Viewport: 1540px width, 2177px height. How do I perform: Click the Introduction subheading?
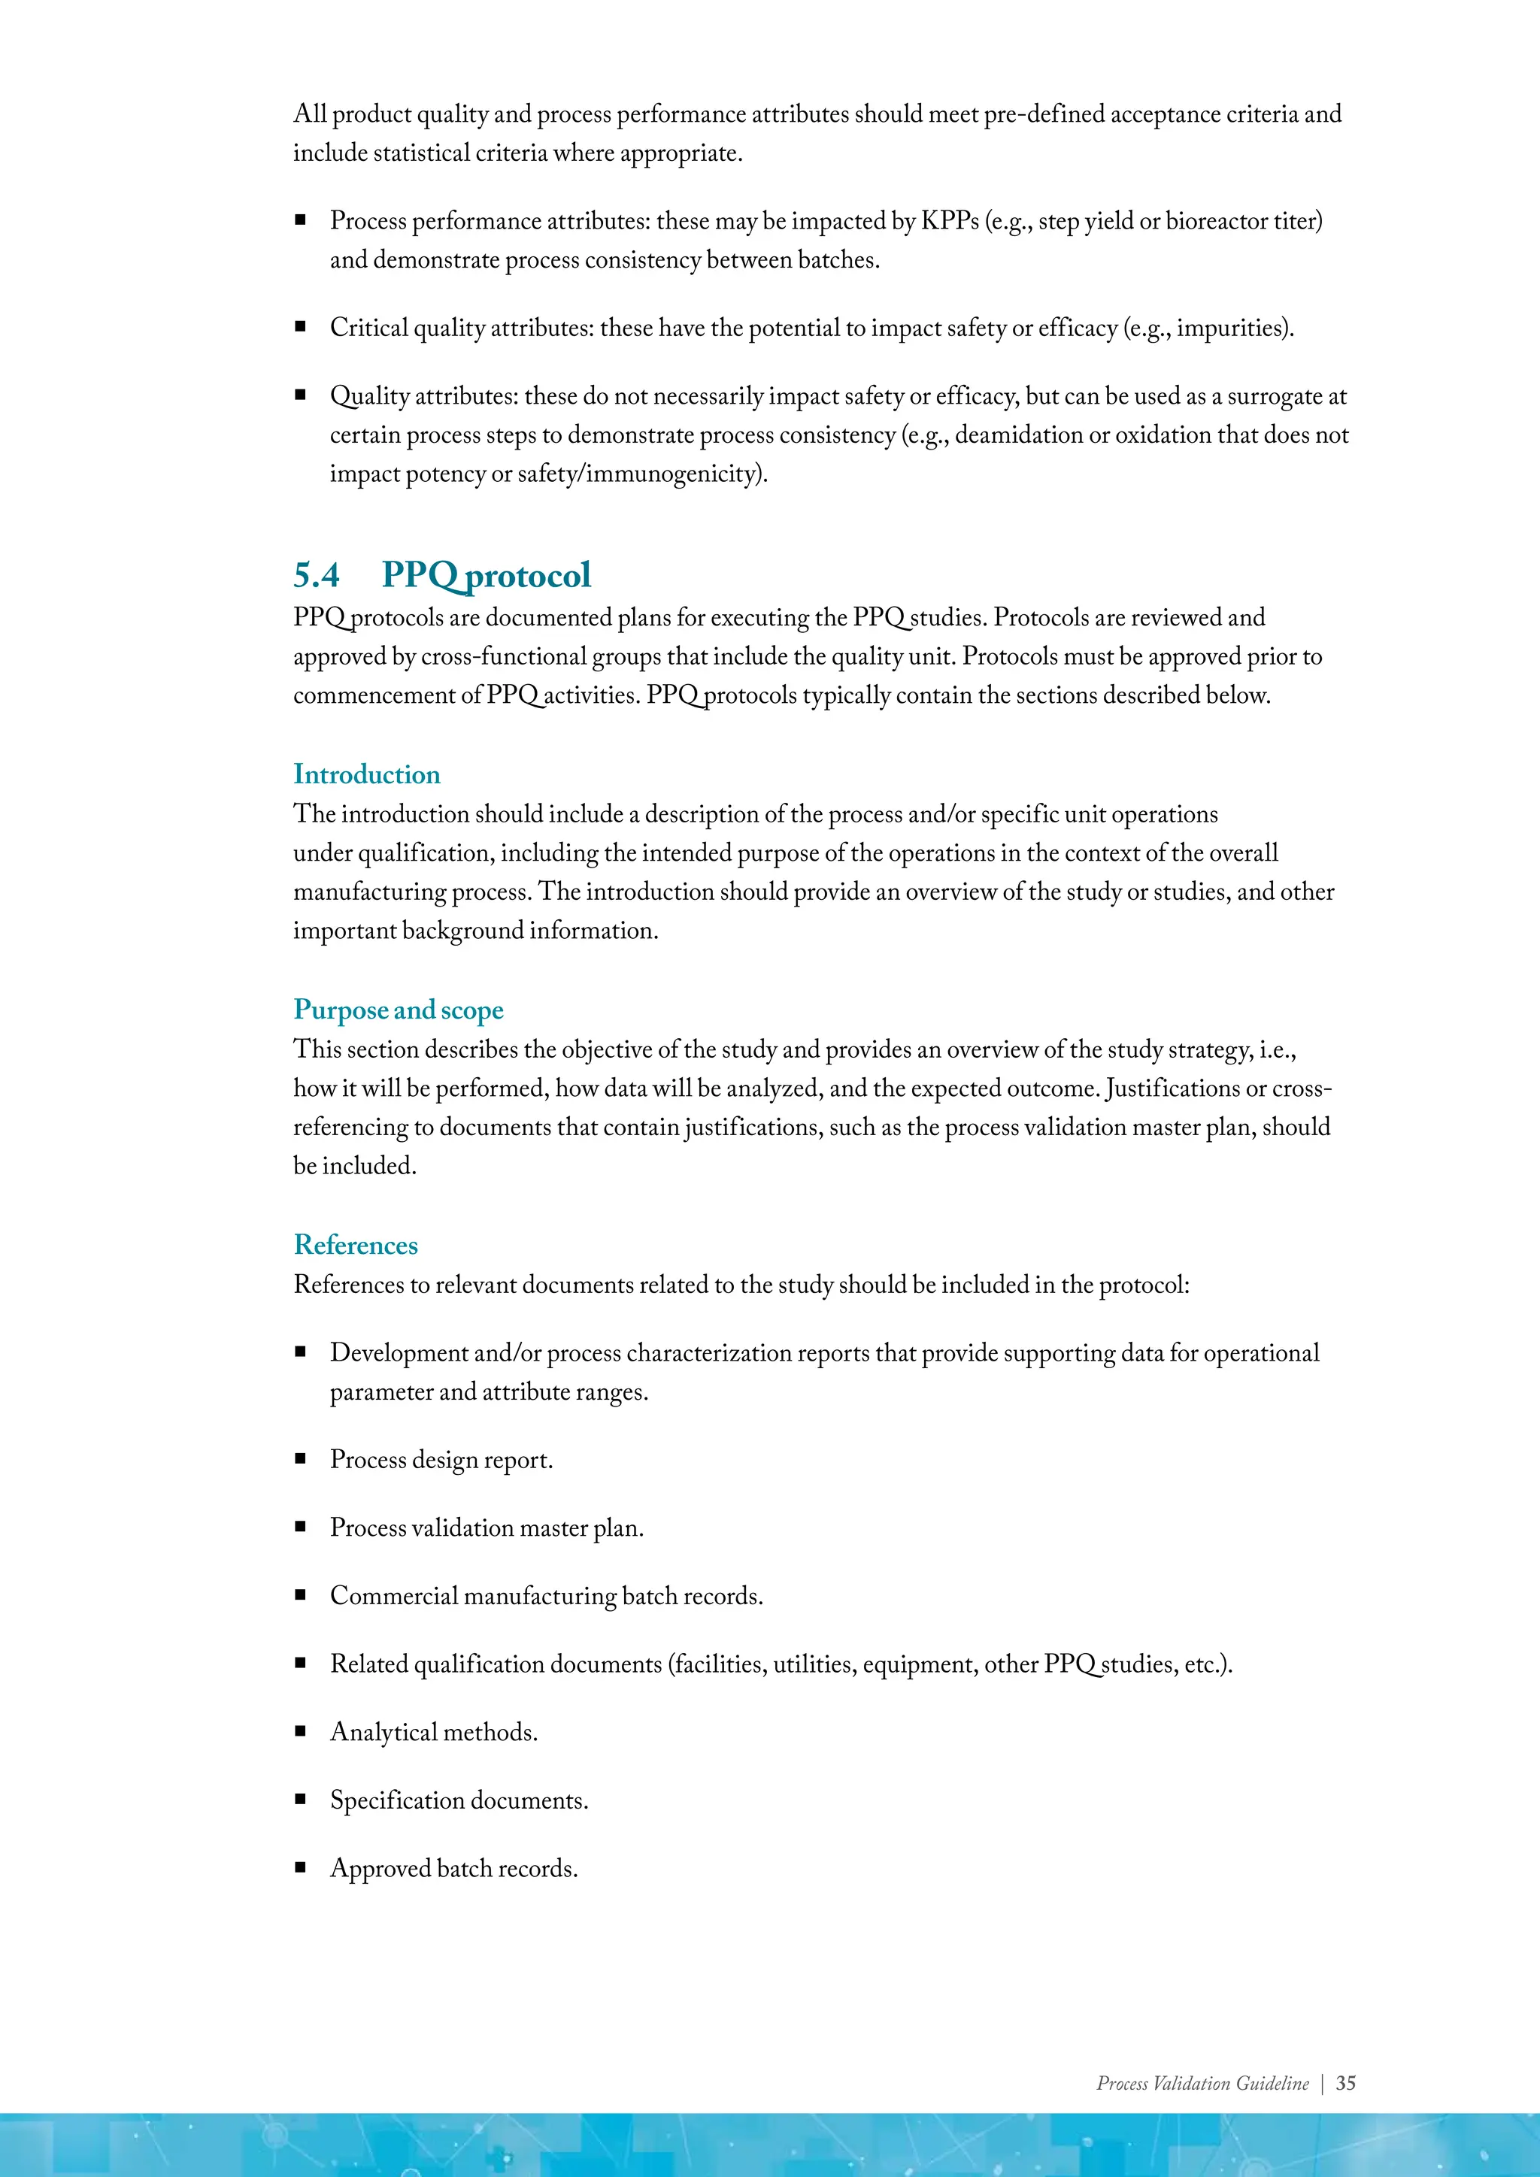(x=366, y=775)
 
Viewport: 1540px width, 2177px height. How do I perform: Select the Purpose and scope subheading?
(x=399, y=1010)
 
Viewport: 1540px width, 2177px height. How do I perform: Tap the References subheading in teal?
(x=356, y=1245)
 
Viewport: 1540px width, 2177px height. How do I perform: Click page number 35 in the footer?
(x=1345, y=2083)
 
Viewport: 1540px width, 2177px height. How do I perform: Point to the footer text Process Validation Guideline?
(x=1202, y=2083)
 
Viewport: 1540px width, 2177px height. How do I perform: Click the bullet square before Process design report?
(x=301, y=1459)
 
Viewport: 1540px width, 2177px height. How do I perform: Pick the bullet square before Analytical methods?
(x=301, y=1731)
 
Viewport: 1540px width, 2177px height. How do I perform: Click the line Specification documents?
(x=459, y=1800)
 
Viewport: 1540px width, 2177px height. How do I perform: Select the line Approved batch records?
(x=453, y=1869)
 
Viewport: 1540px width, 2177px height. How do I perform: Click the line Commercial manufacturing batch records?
(x=546, y=1596)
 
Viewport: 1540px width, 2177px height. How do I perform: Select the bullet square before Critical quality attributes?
(x=301, y=327)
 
